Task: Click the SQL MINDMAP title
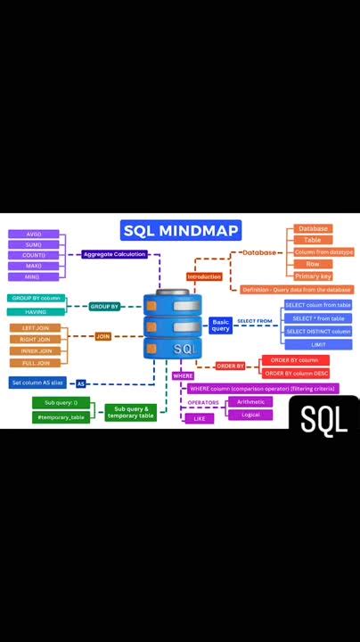pos(181,231)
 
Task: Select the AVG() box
pos(33,235)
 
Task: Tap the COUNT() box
pos(33,255)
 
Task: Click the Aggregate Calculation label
pos(114,254)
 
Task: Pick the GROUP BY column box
pos(37,298)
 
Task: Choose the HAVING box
pos(37,311)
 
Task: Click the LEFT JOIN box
pos(37,328)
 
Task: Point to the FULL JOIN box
pos(37,363)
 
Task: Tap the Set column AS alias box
pos(37,382)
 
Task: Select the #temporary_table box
pos(61,416)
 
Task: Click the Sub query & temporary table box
pos(130,413)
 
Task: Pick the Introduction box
pos(204,276)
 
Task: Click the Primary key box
pos(313,276)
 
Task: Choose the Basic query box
pos(220,325)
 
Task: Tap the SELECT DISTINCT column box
pos(317,332)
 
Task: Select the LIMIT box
pos(317,344)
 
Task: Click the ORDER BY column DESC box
pos(295,373)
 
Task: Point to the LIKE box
pos(199,418)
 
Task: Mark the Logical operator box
pos(250,415)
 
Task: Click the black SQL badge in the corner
pos(323,419)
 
